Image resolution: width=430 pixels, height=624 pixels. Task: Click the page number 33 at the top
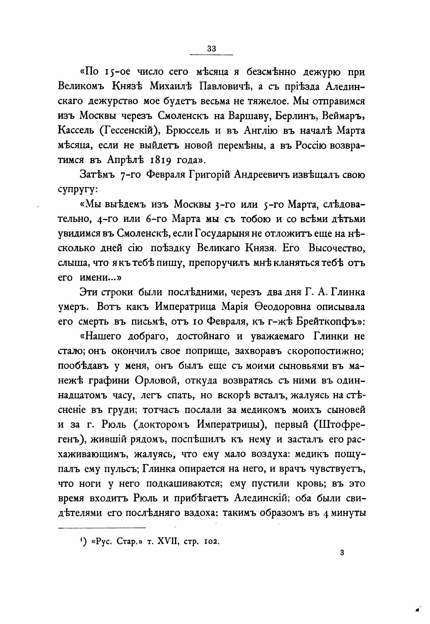(211, 48)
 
